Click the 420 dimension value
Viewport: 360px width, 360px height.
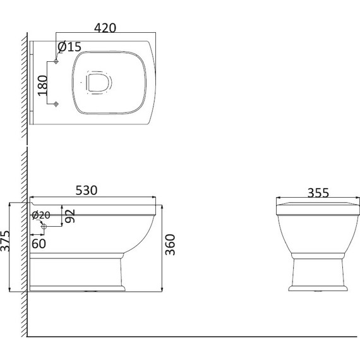click(x=105, y=28)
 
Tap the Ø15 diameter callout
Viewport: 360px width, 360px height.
click(x=69, y=47)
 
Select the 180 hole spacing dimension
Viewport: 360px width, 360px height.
click(x=43, y=85)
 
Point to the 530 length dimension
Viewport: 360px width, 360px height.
click(x=87, y=190)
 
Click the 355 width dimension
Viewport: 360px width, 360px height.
click(x=318, y=193)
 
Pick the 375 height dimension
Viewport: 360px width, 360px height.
click(x=5, y=241)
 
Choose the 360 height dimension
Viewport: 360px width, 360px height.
click(x=170, y=244)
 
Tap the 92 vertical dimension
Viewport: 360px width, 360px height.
click(x=70, y=216)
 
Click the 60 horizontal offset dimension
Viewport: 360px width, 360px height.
click(x=39, y=244)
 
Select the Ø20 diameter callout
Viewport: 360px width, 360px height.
click(x=41, y=215)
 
